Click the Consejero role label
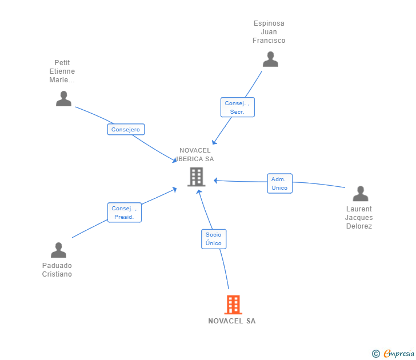click(x=126, y=129)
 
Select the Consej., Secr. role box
click(x=238, y=107)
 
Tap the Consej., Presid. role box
click(x=125, y=212)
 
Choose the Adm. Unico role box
click(x=279, y=183)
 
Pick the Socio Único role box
click(x=214, y=239)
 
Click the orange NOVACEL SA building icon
click(x=233, y=305)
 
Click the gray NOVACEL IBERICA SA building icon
click(x=197, y=177)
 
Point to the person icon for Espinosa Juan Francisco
click(x=270, y=59)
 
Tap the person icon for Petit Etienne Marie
click(x=63, y=98)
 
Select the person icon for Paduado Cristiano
click(x=58, y=250)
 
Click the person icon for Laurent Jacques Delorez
click(x=360, y=193)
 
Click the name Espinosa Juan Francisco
click(x=269, y=32)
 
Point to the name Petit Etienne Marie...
click(x=62, y=71)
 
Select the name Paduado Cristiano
click(x=57, y=270)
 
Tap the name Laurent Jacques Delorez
click(x=359, y=218)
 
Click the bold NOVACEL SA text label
click(x=232, y=321)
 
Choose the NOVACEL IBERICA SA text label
click(x=195, y=155)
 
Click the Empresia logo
click(x=399, y=353)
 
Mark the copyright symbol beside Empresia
click(x=376, y=354)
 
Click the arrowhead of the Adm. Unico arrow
click(x=215, y=181)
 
